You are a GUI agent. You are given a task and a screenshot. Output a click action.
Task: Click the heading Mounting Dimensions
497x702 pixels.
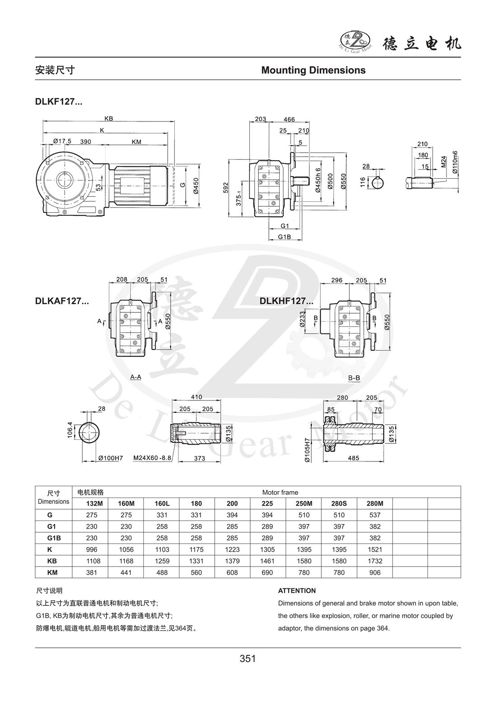(x=313, y=70)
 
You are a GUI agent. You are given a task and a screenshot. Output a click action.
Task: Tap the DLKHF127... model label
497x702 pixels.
(x=286, y=301)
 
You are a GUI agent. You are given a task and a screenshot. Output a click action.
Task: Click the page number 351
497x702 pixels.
(x=248, y=659)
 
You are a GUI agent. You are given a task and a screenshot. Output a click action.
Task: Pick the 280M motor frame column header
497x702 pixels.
(x=375, y=503)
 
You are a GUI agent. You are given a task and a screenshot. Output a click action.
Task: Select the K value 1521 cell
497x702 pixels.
(x=375, y=549)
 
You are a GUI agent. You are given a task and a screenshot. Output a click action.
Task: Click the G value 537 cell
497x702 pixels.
(x=375, y=515)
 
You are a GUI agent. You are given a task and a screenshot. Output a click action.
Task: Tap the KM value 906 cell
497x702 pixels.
(x=375, y=572)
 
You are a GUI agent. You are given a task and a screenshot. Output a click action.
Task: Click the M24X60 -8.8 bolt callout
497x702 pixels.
(x=152, y=458)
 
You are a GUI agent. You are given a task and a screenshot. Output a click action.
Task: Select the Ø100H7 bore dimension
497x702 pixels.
(x=110, y=458)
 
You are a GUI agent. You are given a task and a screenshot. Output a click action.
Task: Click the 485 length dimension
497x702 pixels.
(x=353, y=458)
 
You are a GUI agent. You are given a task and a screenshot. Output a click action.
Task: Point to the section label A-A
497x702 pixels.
(x=136, y=376)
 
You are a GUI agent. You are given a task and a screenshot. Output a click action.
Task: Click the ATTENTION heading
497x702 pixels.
(x=297, y=590)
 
